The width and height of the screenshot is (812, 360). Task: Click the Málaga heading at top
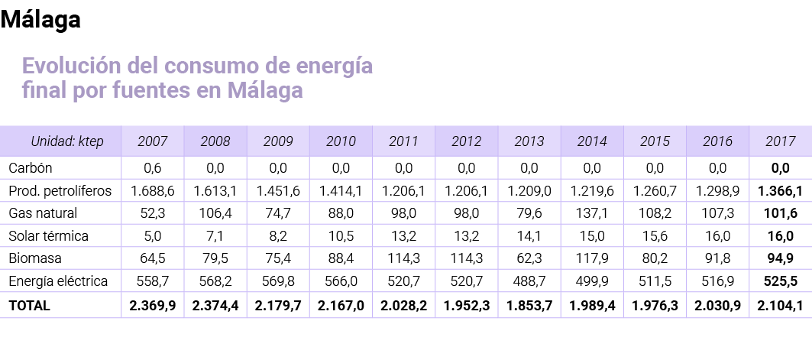tap(40, 21)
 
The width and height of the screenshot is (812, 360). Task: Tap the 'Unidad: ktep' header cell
tap(66, 141)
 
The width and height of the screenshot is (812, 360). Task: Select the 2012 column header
tap(466, 141)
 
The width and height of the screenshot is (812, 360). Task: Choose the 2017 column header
tap(780, 141)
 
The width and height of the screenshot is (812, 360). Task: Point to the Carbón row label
tap(30, 167)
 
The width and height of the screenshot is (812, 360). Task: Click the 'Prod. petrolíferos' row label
tap(60, 190)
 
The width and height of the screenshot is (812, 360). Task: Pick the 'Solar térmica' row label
tap(48, 236)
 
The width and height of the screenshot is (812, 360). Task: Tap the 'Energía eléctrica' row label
tap(57, 282)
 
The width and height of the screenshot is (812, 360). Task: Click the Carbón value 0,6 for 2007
tap(153, 167)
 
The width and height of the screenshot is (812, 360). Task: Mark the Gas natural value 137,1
tap(592, 213)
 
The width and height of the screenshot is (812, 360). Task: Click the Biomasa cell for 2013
tap(529, 259)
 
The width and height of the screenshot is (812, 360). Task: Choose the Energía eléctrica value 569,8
tap(278, 282)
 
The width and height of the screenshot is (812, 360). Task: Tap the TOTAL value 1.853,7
tap(529, 306)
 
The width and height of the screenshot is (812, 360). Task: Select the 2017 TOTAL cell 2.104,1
tap(780, 306)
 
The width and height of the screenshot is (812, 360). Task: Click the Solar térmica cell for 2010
tap(341, 236)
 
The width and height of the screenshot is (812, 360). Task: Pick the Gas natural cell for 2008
tap(215, 213)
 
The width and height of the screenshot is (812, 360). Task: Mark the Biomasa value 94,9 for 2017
tap(780, 259)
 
